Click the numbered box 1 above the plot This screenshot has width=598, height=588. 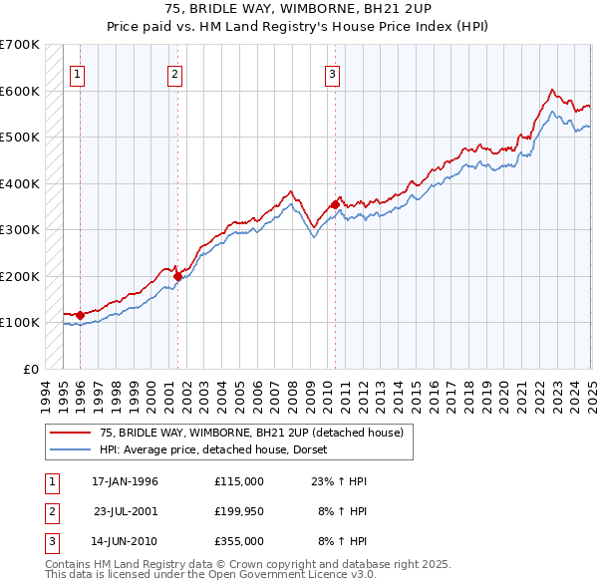77,73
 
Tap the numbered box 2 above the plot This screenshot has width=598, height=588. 174,73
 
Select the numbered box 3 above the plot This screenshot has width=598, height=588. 332,73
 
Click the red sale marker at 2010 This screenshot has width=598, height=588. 335,204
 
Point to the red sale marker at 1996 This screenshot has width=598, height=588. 80,315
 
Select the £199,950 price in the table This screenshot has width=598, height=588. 238,511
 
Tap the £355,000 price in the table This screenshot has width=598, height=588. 238,541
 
